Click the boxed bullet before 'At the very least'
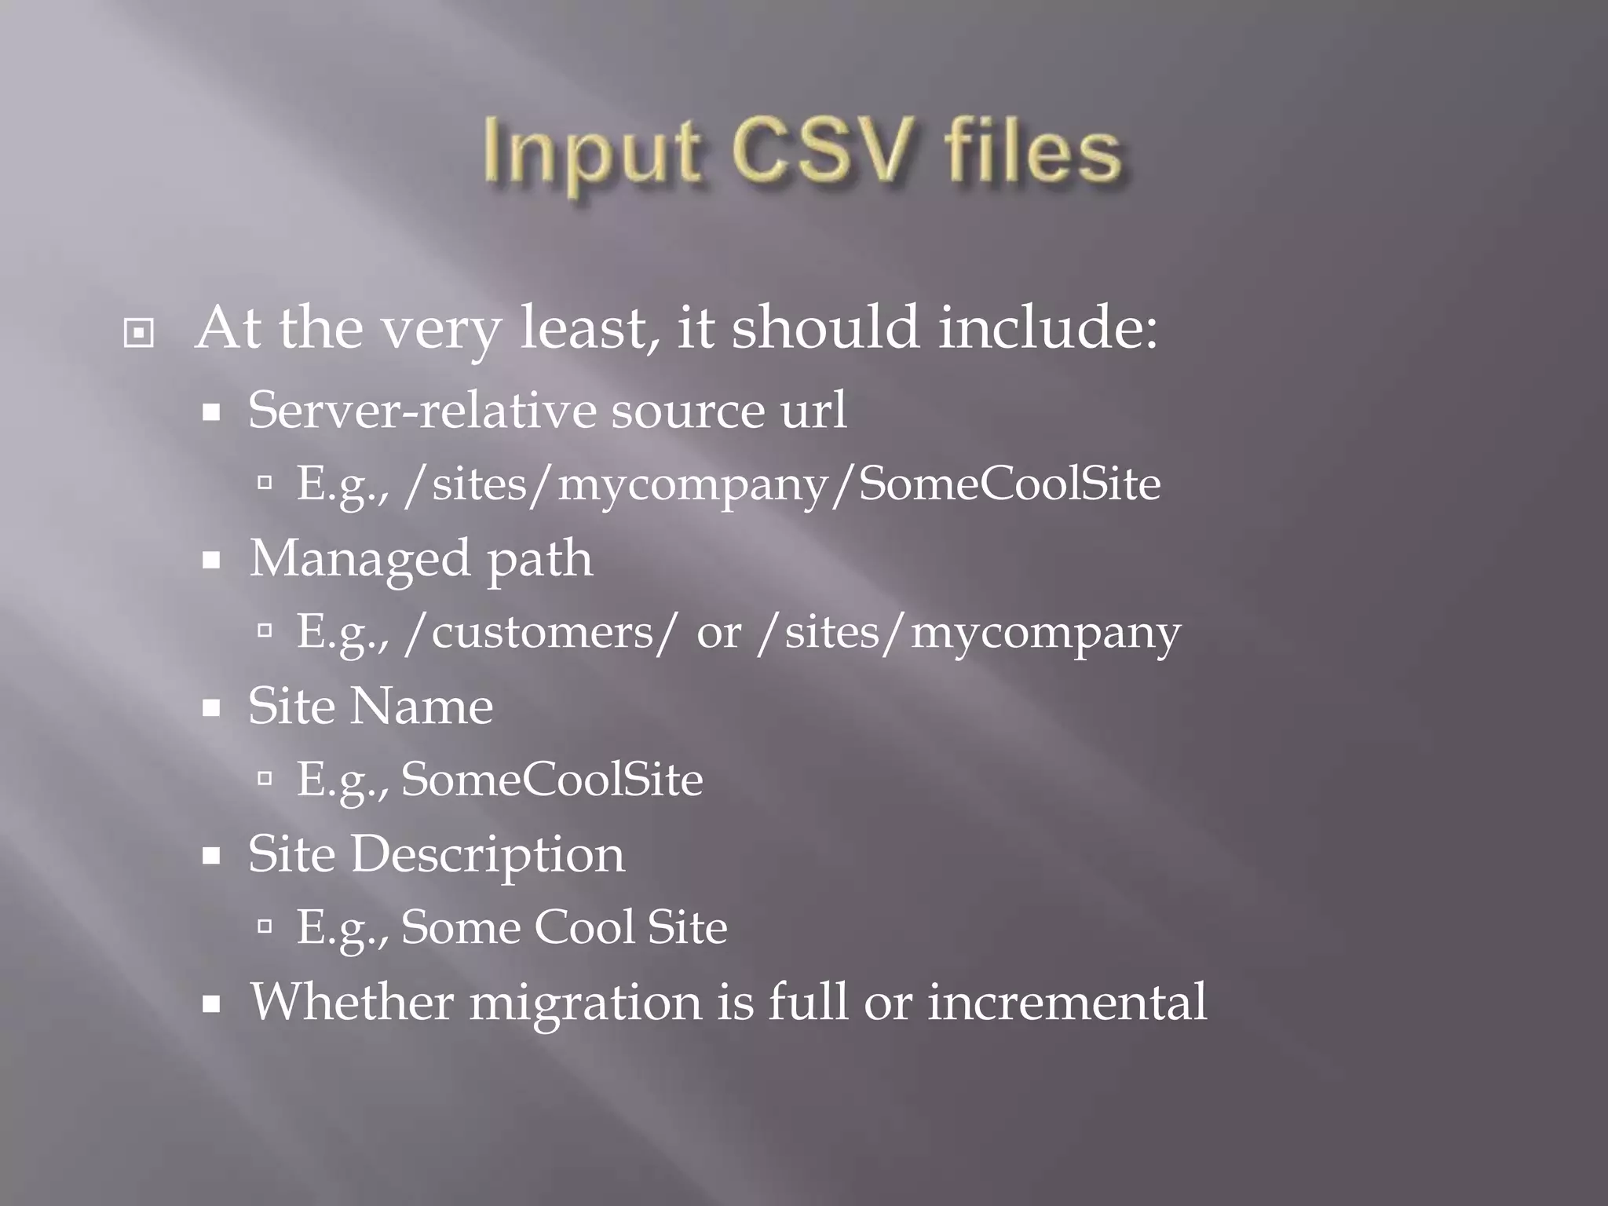[139, 334]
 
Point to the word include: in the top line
[1047, 327]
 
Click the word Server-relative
[422, 410]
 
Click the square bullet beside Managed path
[210, 561]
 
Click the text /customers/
[539, 633]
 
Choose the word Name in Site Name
[421, 706]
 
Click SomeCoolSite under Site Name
[552, 780]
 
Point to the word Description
[488, 855]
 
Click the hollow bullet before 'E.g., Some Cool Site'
[265, 927]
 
